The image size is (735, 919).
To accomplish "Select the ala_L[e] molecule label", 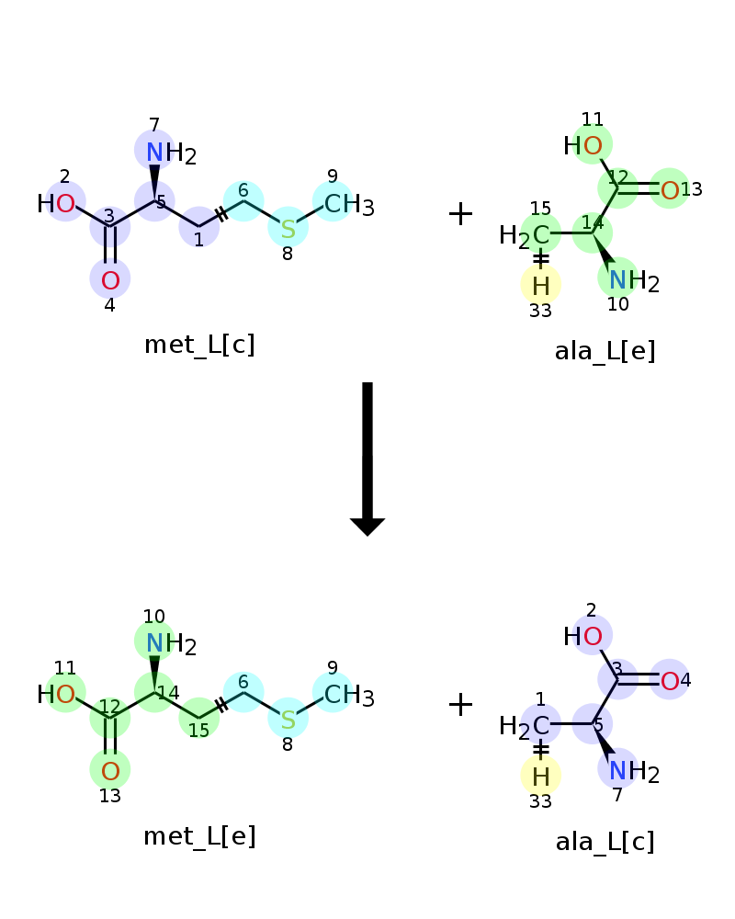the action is (605, 352).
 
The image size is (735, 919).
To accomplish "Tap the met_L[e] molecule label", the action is (200, 836).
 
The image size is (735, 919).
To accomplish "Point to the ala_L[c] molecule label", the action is (605, 842).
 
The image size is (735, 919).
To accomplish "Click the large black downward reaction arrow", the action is (367, 459).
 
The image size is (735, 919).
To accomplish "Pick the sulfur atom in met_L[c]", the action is (288, 229).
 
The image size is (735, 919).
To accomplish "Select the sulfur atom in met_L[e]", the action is (288, 720).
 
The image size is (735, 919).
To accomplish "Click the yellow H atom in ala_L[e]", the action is (541, 286).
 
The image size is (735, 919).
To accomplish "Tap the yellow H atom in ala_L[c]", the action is (541, 777).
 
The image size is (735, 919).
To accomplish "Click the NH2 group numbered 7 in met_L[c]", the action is (171, 153).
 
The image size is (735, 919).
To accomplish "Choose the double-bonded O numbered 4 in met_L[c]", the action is (110, 280).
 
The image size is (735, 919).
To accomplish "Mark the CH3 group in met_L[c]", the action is (349, 205).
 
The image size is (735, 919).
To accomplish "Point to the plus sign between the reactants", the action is (460, 213).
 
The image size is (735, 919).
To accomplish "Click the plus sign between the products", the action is (460, 704).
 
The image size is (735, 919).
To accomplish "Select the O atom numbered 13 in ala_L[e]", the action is (670, 190).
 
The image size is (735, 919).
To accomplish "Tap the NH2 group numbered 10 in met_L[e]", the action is (171, 644).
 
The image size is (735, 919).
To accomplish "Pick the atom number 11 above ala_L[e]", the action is (592, 119).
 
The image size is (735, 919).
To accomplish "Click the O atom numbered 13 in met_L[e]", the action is (110, 771).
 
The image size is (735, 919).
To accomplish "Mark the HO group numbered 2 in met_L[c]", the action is (56, 203).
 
